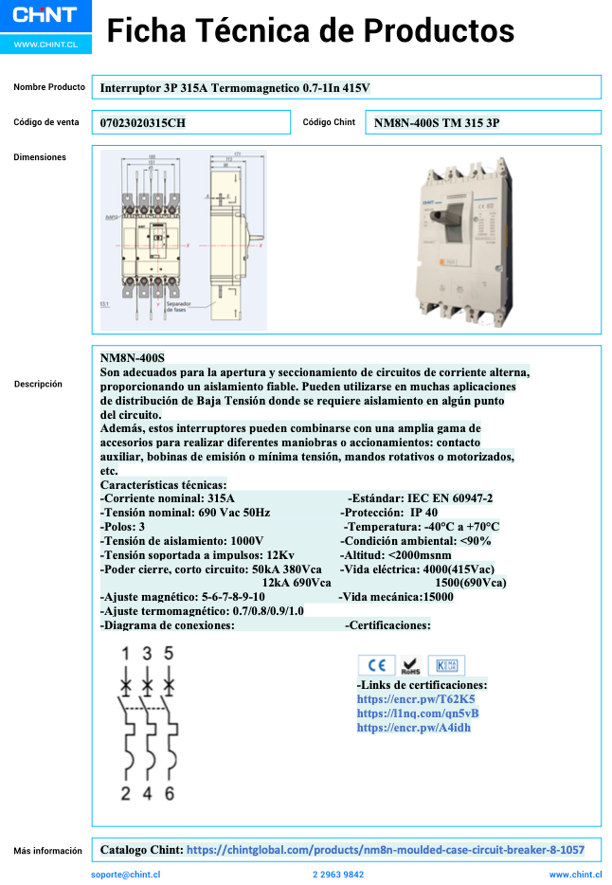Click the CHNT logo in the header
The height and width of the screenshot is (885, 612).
click(x=45, y=17)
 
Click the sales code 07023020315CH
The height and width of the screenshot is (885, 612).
click(x=143, y=123)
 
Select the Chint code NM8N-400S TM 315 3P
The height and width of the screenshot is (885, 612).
click(x=437, y=123)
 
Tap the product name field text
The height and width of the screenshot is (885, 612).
click(x=234, y=88)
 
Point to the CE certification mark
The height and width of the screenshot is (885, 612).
click(x=375, y=665)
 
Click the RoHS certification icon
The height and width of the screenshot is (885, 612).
click(x=409, y=665)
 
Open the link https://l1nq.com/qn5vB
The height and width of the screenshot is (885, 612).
click(x=418, y=713)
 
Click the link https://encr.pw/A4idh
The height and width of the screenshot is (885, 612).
click(x=414, y=727)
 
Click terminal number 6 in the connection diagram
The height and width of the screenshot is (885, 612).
click(x=169, y=793)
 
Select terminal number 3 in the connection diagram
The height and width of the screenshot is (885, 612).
click(x=147, y=653)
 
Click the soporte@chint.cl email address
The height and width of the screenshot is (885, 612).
click(x=126, y=875)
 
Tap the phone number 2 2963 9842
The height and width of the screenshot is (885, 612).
click(x=338, y=875)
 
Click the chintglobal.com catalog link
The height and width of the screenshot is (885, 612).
click(x=385, y=850)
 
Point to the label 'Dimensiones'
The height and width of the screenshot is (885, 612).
click(x=40, y=157)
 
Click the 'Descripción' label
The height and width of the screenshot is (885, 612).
click(x=38, y=384)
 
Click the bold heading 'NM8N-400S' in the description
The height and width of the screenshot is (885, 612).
click(x=133, y=357)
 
